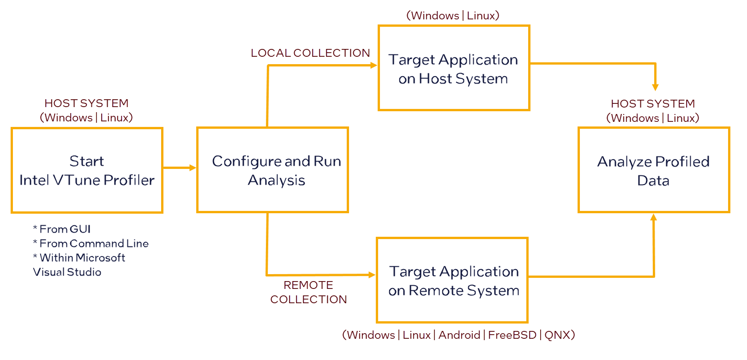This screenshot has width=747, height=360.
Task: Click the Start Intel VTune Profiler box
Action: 87,170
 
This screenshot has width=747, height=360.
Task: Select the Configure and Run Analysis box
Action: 272,170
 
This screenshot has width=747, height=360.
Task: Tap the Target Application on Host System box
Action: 453,68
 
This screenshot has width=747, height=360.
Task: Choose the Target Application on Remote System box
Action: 452,280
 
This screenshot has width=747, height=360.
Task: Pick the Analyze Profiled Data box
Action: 653,170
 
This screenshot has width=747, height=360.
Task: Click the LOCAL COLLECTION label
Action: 310,53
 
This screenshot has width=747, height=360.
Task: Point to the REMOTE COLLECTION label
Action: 308,292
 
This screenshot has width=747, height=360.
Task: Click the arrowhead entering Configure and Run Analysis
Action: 193,168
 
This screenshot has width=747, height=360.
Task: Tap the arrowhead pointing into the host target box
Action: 374,65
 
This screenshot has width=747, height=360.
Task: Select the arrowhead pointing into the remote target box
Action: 372,275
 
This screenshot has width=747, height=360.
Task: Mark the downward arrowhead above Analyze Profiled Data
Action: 655,87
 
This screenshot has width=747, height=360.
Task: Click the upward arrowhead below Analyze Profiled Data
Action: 653,217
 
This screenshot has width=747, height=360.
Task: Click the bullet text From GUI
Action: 65,229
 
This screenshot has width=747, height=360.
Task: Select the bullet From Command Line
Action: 94,243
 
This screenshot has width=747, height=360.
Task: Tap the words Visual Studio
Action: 67,272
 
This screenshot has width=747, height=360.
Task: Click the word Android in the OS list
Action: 459,335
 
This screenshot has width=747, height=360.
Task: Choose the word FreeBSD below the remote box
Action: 512,335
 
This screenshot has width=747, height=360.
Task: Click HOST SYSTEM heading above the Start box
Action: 86,103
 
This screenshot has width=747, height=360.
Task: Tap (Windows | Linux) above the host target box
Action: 452,15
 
